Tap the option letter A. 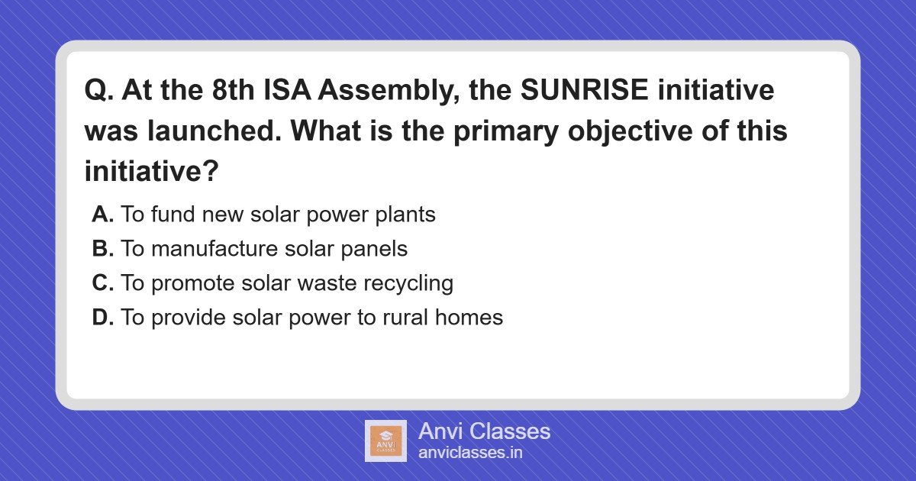pyautogui.click(x=102, y=215)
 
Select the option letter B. pyautogui.click(x=102, y=249)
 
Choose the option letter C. pyautogui.click(x=102, y=283)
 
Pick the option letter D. pyautogui.click(x=102, y=318)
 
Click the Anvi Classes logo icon pyautogui.click(x=385, y=441)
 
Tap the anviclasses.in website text pyautogui.click(x=470, y=453)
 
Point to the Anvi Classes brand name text pyautogui.click(x=484, y=431)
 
